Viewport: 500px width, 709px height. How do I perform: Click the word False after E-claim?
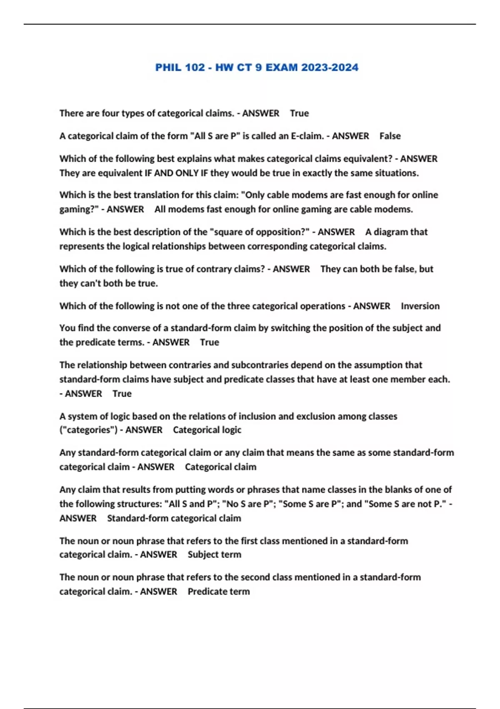click(390, 136)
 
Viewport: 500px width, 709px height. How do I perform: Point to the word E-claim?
click(307, 136)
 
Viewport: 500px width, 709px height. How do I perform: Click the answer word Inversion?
click(420, 306)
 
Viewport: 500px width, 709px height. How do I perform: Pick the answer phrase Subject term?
click(214, 555)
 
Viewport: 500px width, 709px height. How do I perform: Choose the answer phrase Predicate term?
click(219, 591)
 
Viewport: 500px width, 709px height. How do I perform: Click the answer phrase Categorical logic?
click(207, 430)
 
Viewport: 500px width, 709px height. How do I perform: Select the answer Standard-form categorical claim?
click(174, 518)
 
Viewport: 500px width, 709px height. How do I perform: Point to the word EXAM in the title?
click(282, 68)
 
